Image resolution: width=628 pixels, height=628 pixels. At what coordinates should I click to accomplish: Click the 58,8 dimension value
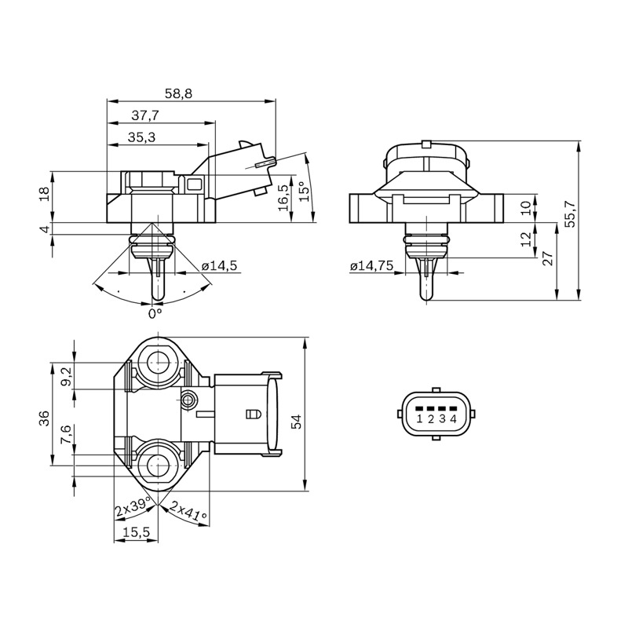pos(179,93)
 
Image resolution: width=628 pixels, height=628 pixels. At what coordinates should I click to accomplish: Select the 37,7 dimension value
pos(145,115)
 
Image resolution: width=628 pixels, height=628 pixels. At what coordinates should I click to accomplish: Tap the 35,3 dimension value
pos(142,137)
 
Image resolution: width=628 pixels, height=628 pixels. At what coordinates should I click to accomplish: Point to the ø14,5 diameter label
pos(220,266)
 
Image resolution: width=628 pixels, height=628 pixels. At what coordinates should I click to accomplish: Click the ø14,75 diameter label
pos(372,266)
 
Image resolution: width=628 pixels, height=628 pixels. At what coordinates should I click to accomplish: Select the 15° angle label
pos(305,192)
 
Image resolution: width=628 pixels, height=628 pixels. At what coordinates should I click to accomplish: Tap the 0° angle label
pos(155,313)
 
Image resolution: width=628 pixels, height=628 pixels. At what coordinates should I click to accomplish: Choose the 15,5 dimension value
pos(136,532)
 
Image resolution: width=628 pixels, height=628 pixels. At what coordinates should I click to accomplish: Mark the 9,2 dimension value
pos(67,377)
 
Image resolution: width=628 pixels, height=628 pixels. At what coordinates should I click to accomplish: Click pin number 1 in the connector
pos(419,419)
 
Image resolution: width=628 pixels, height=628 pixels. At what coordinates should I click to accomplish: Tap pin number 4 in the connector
pos(454,419)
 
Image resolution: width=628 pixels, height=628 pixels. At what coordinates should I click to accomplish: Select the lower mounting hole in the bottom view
pos(159,466)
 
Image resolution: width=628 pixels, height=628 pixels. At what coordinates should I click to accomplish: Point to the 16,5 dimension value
pos(283,198)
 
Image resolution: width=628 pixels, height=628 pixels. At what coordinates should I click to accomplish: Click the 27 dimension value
pos(548,258)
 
